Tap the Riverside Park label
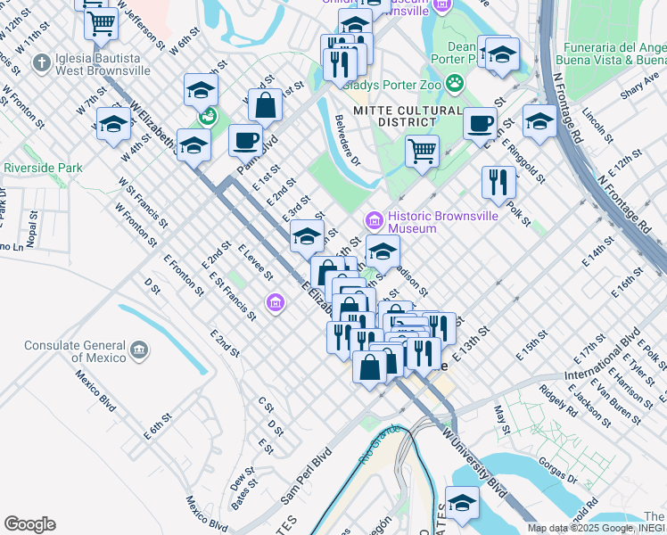[x=43, y=168]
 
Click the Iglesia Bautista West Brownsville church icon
[x=40, y=62]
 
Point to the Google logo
[x=29, y=524]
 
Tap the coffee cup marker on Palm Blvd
[x=245, y=140]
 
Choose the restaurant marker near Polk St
[x=498, y=182]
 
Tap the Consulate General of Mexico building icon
[x=139, y=351]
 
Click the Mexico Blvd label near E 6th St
[x=95, y=391]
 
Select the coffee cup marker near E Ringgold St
[x=480, y=122]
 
